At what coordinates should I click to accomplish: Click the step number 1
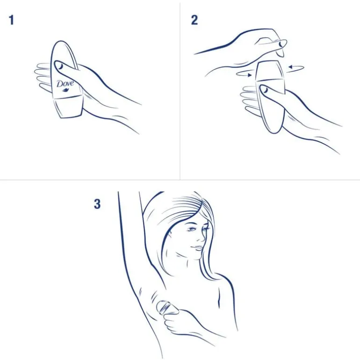(x=11, y=20)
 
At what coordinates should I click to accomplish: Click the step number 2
(x=194, y=20)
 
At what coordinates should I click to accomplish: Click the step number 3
(x=97, y=204)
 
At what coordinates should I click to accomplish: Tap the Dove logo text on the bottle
(x=65, y=83)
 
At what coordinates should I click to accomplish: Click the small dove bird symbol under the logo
(x=66, y=90)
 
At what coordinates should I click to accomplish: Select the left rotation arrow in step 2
(x=244, y=74)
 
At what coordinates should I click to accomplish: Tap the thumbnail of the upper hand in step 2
(x=281, y=43)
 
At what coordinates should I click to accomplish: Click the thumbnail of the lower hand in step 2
(x=265, y=90)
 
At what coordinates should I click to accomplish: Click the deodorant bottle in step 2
(x=271, y=96)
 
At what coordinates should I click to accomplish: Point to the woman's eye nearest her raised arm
(x=191, y=229)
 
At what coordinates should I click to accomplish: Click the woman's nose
(x=202, y=238)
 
